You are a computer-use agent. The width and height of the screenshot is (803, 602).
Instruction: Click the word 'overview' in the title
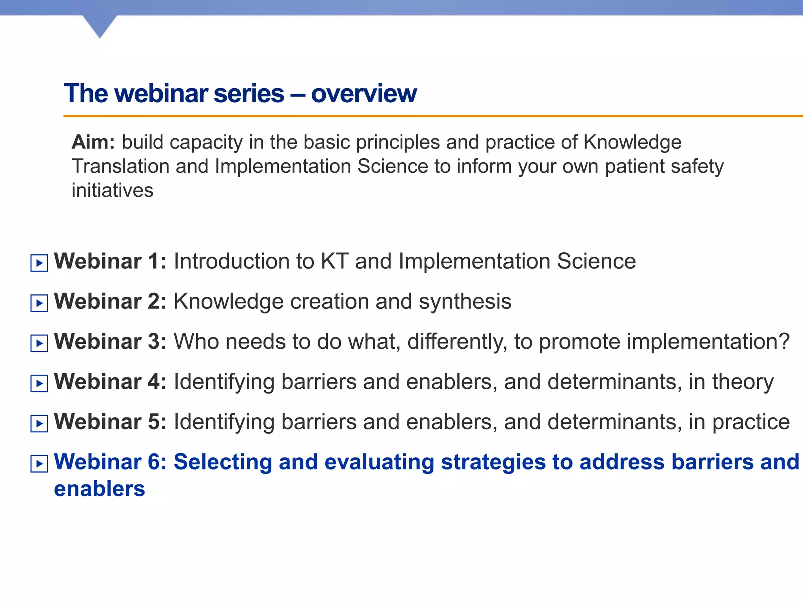(x=363, y=94)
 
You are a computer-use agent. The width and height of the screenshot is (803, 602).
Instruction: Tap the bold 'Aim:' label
(x=93, y=142)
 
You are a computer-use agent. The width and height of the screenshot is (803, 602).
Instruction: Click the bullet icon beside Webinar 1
(x=39, y=263)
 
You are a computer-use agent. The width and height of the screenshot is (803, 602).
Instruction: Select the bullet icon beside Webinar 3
(x=39, y=343)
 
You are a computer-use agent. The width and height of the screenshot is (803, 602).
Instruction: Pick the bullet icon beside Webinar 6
(x=39, y=464)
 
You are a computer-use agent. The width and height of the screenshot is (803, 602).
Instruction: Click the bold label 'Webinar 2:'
(x=110, y=301)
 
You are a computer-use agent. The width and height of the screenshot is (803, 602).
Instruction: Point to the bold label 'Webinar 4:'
(x=110, y=382)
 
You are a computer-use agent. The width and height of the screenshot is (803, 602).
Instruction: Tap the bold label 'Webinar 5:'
(x=110, y=422)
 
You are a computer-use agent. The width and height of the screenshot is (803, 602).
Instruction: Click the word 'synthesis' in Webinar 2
(x=465, y=302)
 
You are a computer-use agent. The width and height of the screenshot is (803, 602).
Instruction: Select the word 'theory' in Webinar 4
(x=743, y=382)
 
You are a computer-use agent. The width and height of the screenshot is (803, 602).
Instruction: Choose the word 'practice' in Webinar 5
(x=750, y=422)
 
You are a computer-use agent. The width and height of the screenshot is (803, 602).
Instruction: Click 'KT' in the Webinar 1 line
(x=334, y=261)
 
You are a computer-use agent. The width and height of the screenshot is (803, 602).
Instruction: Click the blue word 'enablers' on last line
(x=99, y=489)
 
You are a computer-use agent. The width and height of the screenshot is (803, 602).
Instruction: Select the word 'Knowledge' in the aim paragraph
(x=632, y=142)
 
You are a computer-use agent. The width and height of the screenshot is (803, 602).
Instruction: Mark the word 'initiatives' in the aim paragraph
(x=112, y=190)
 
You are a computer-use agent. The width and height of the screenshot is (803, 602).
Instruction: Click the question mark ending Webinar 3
(x=783, y=342)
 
